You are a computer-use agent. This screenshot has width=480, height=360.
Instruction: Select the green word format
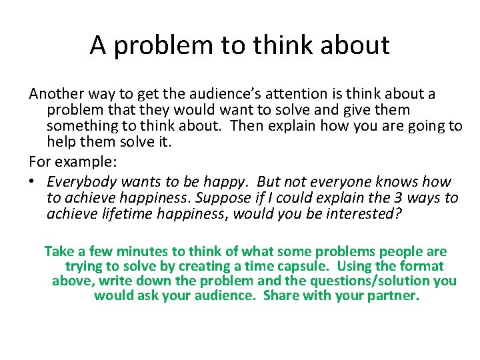(423, 266)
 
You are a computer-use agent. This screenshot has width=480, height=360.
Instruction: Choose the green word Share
(281, 295)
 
